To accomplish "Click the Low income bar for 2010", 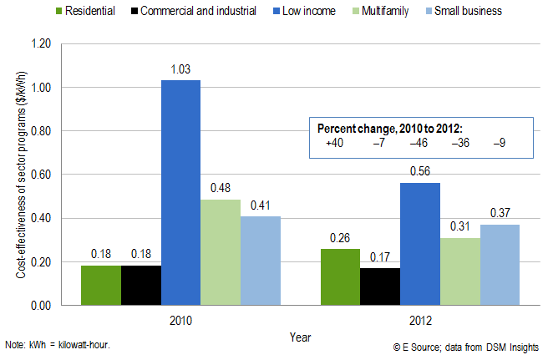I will [180, 192].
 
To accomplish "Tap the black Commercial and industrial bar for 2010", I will [140, 285].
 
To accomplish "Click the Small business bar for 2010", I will [261, 261].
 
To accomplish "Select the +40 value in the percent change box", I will [336, 143].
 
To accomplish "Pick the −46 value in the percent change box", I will [419, 143].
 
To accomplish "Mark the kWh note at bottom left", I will [56, 345].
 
